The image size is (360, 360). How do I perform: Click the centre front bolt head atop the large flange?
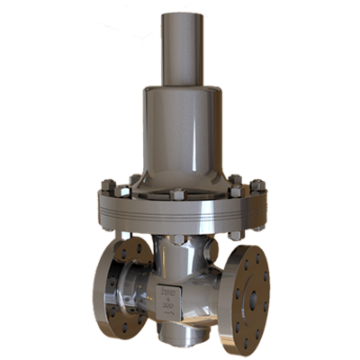click(178, 194)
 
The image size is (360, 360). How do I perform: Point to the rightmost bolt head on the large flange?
click(258, 187)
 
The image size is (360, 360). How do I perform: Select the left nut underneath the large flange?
click(126, 236)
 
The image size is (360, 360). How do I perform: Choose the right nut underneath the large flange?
click(236, 236)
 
